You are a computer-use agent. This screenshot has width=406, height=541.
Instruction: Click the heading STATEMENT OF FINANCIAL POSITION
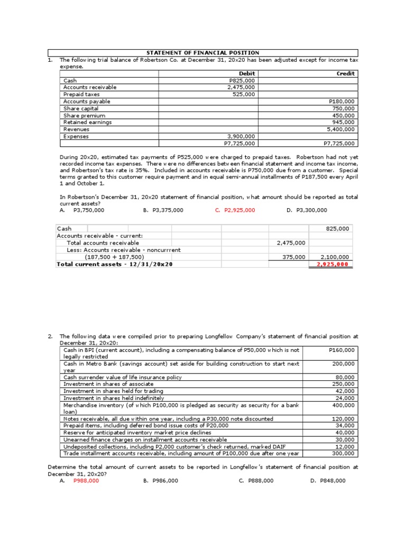[x=203, y=53]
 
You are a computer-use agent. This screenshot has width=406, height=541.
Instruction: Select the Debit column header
[x=247, y=73]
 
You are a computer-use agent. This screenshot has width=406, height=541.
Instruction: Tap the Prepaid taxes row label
[x=81, y=95]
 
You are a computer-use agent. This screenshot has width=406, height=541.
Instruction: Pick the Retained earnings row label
[x=88, y=122]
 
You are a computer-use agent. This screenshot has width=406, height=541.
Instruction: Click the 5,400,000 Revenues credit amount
[x=341, y=129]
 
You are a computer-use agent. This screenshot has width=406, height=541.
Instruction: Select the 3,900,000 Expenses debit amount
[x=241, y=136]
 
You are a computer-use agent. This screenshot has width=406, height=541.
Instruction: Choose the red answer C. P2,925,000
[x=235, y=210]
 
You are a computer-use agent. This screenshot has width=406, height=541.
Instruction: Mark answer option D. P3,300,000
[x=307, y=210]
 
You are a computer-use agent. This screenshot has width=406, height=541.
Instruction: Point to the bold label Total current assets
[x=115, y=264]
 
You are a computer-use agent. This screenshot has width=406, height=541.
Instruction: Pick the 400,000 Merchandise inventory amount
[x=344, y=405]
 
